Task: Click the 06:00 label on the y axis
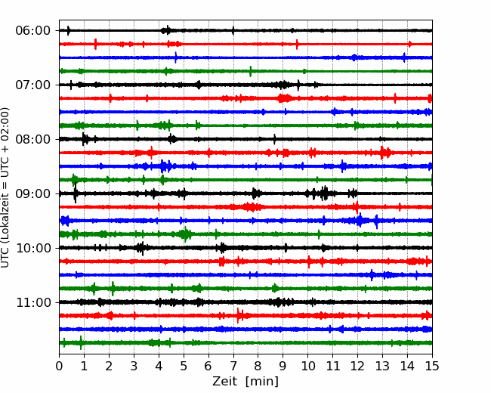pos(32,30)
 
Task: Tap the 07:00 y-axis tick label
pos(32,85)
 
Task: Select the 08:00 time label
pos(32,139)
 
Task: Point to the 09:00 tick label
pos(32,193)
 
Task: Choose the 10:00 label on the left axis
pos(32,248)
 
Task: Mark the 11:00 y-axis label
pos(32,302)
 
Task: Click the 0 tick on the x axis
pos(60,367)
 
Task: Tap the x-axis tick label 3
pos(134,367)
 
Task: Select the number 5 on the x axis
pos(184,367)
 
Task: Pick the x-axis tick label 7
pos(233,367)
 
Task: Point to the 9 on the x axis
pos(283,367)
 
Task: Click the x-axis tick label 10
pos(307,367)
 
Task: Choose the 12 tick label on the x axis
pos(357,367)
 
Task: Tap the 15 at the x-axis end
pos(431,367)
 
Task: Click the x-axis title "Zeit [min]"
pos(245,382)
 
